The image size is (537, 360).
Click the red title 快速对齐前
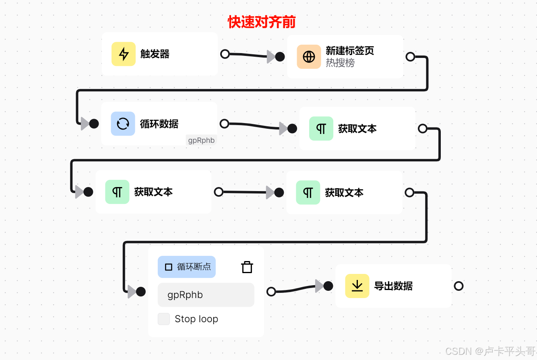point(262,22)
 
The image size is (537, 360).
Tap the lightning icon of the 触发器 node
point(124,54)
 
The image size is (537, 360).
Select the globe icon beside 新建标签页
point(309,57)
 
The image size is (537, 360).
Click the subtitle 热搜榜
point(340,63)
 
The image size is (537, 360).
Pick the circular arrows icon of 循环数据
point(123,123)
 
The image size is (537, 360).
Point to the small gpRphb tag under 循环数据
point(201,140)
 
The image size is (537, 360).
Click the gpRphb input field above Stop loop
point(206,295)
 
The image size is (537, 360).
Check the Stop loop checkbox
point(164,319)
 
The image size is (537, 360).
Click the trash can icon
point(247,267)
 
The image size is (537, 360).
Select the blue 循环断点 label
point(187,267)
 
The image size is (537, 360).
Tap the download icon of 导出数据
point(357,286)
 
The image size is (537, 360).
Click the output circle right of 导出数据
point(459,286)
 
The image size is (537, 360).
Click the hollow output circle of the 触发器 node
point(225,54)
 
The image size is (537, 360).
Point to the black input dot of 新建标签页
point(280,57)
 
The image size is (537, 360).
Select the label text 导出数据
point(393,286)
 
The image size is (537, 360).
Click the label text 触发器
point(155,54)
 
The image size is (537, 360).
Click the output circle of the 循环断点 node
point(271,292)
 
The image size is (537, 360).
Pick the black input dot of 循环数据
point(94,123)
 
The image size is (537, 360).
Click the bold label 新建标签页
point(350,51)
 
